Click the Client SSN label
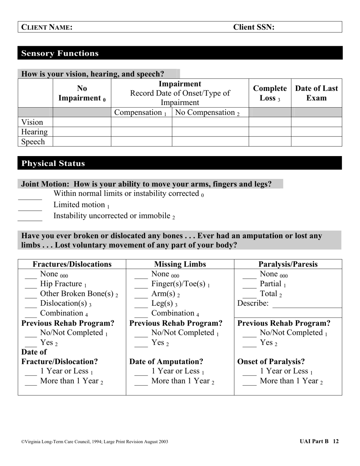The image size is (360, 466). (254, 27)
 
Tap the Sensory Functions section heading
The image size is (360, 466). (60, 53)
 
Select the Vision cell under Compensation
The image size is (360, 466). (141, 122)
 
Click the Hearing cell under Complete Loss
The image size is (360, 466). (270, 132)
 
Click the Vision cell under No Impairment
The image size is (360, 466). (82, 122)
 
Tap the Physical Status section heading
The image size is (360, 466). (53, 163)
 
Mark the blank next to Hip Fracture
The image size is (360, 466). (31, 286)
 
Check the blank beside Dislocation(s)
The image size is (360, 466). (31, 305)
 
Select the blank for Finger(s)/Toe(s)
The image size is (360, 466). (141, 286)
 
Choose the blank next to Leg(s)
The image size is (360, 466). (141, 305)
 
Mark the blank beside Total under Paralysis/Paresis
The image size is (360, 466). (249, 296)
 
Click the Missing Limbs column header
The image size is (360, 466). (180, 264)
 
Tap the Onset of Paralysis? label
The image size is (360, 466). (271, 361)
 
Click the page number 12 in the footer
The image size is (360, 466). (336, 441)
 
